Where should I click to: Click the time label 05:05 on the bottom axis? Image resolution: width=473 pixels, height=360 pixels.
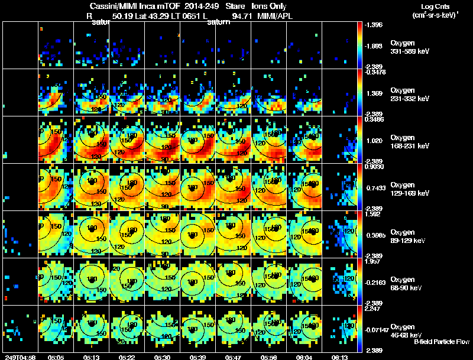point(56,357)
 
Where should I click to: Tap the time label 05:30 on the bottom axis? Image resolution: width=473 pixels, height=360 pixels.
point(163,357)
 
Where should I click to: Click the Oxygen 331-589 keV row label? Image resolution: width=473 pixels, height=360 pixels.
point(410,47)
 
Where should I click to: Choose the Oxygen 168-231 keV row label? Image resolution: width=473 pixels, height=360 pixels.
point(410,141)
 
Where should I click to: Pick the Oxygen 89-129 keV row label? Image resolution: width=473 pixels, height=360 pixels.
point(410,236)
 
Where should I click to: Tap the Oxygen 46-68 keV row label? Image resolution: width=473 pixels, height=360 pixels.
point(410,330)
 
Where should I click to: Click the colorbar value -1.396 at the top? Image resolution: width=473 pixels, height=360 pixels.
point(377,25)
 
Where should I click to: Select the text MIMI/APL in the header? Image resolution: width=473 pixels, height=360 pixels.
point(274,16)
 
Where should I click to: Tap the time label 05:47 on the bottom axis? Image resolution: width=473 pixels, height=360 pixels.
point(234,357)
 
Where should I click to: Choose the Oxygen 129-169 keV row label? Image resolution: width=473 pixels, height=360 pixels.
point(410,189)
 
